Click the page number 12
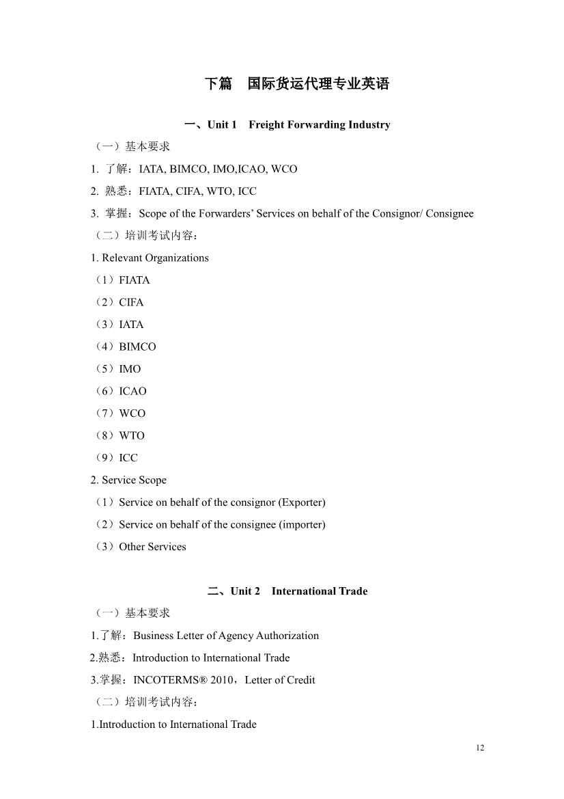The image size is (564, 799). [x=480, y=748]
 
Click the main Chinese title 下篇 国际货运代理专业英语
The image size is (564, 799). [x=297, y=84]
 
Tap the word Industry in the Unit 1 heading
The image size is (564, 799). [x=369, y=124]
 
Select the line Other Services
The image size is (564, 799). [x=152, y=547]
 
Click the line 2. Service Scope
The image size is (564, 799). [x=128, y=480]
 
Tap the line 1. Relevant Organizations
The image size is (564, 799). [x=150, y=258]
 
